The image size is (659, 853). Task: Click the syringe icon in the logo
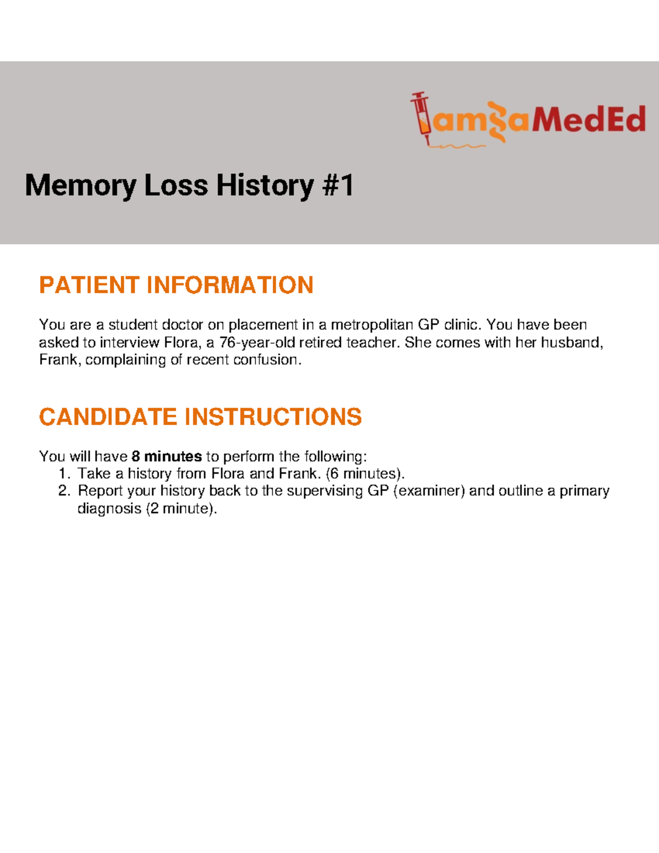pyautogui.click(x=421, y=117)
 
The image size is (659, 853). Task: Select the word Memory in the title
pyautogui.click(x=80, y=186)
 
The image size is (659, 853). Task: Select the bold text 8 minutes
pyautogui.click(x=167, y=456)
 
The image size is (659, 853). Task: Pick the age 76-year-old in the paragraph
pyautogui.click(x=257, y=342)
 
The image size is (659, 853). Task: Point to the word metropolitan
pyautogui.click(x=371, y=325)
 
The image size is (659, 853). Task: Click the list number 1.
pyautogui.click(x=64, y=473)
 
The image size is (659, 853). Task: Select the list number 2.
pyautogui.click(x=64, y=490)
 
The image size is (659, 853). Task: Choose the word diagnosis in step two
pyautogui.click(x=109, y=508)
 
